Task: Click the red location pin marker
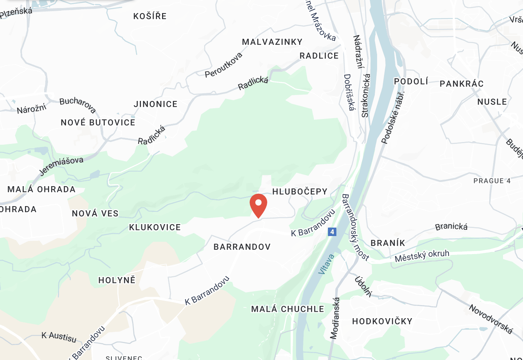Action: (258, 205)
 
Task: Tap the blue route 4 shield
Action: (332, 232)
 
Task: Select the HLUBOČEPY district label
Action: (300, 192)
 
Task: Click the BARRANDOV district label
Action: (242, 247)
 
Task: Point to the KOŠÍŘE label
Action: (150, 16)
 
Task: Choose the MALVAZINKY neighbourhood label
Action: (272, 42)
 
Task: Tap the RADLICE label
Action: (319, 56)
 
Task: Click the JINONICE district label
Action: (156, 104)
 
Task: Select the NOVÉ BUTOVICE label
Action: (98, 122)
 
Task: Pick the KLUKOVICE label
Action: (155, 227)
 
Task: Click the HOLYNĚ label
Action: (117, 280)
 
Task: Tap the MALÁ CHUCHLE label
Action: (288, 309)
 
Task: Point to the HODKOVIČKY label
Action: (382, 321)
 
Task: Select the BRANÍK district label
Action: (388, 243)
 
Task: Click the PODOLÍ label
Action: (411, 81)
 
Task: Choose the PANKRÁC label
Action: (462, 84)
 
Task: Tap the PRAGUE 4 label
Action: (492, 181)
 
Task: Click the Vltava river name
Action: (326, 264)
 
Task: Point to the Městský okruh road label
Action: (422, 256)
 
